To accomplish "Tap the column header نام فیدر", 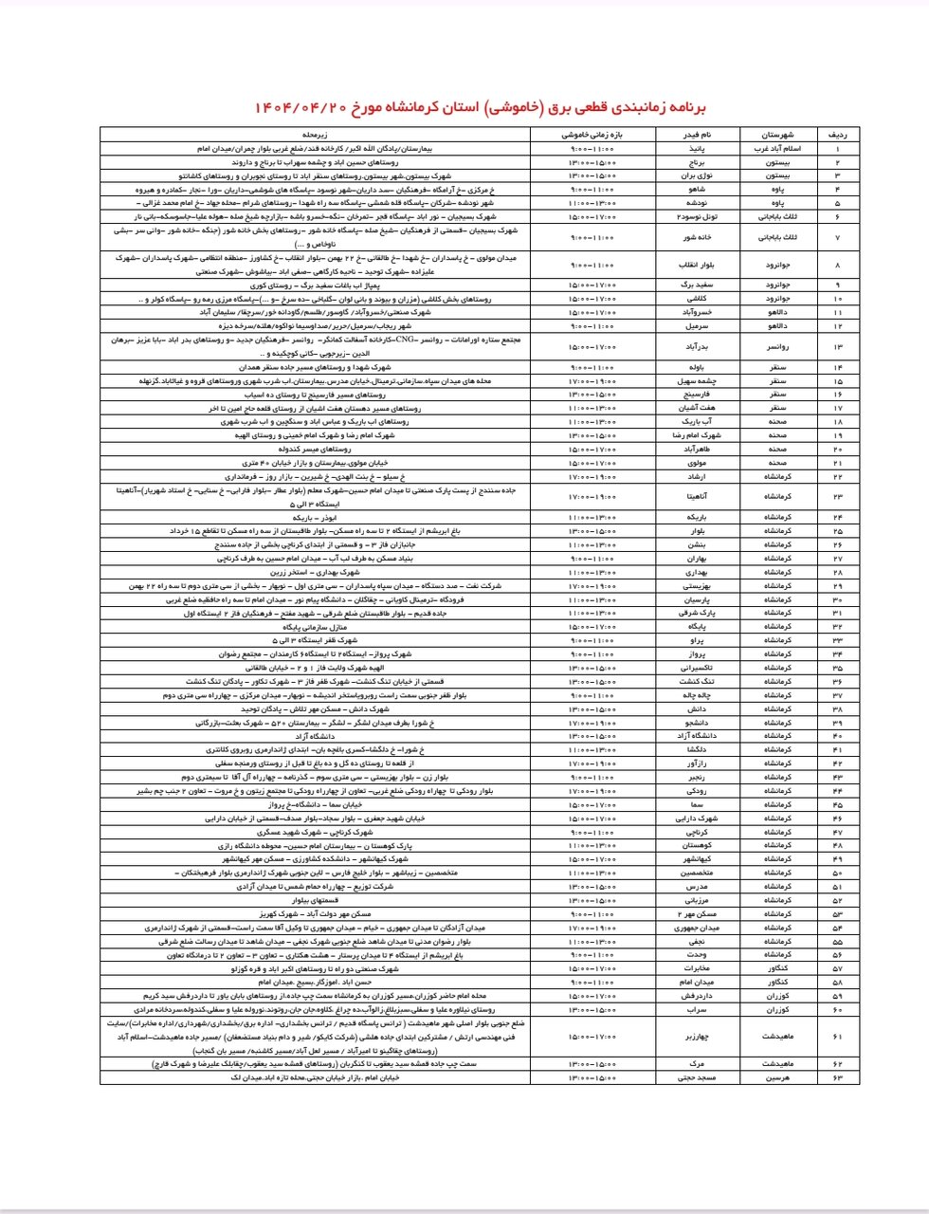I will pyautogui.click(x=697, y=135).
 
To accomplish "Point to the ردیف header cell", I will pyautogui.click(x=838, y=135).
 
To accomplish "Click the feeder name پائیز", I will pyautogui.click(x=697, y=149).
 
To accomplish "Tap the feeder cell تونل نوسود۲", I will pyautogui.click(x=697, y=216).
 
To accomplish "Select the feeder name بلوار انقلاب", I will pyautogui.click(x=697, y=265).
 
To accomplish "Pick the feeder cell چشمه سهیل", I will pyautogui.click(x=697, y=380).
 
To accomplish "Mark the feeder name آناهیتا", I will pyautogui.click(x=697, y=496).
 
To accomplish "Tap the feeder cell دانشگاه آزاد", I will pyautogui.click(x=697, y=736).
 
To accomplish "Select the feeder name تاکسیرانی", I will pyautogui.click(x=697, y=668).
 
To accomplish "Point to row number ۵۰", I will pyautogui.click(x=838, y=873).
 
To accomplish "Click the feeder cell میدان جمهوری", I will pyautogui.click(x=697, y=928).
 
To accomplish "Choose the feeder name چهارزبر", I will pyautogui.click(x=697, y=1037).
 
